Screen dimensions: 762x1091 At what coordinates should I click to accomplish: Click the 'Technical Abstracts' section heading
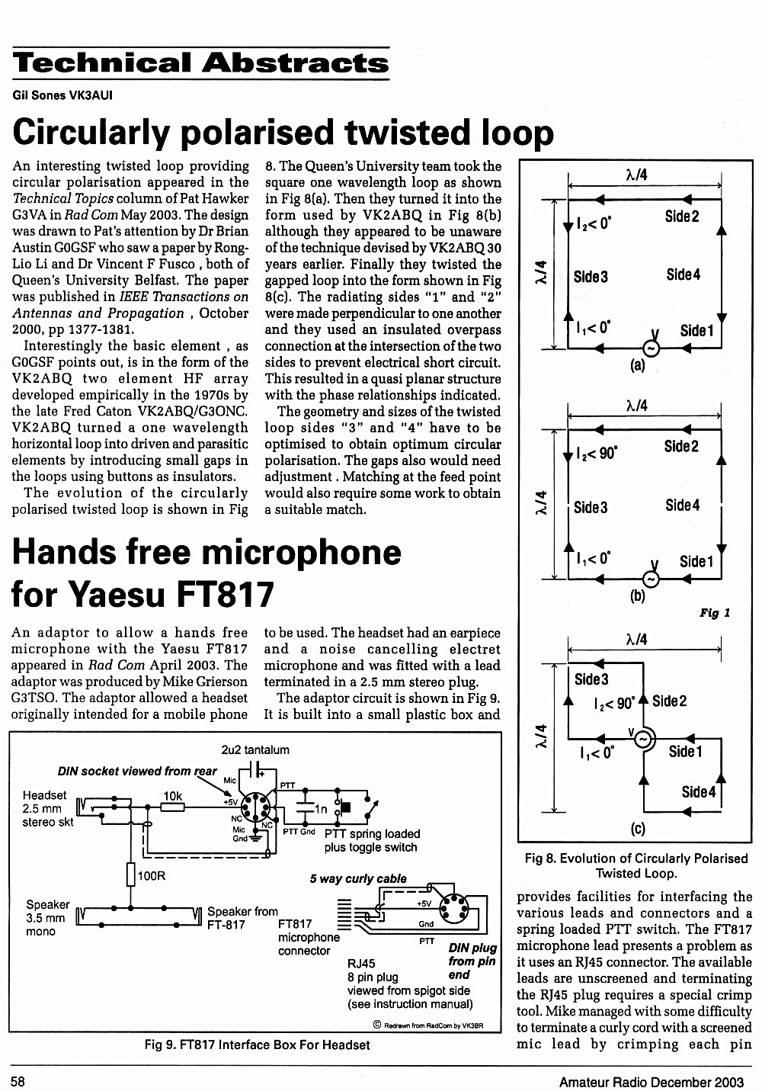coord(200,63)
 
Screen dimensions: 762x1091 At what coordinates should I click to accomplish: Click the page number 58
coord(18,1081)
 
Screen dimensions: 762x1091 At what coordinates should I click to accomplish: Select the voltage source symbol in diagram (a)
coord(651,348)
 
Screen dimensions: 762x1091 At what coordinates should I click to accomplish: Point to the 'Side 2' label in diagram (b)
coord(681,446)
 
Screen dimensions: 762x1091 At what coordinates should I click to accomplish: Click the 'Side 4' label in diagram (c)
coord(698,792)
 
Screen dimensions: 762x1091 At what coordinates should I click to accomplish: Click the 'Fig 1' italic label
coord(715,613)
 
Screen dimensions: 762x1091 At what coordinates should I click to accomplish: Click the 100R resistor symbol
coord(130,874)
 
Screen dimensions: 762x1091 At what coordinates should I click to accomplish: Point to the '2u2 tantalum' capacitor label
coord(255,749)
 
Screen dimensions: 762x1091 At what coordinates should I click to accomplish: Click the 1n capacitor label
coord(321,809)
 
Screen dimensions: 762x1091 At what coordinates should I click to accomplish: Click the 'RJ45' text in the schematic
coord(361,964)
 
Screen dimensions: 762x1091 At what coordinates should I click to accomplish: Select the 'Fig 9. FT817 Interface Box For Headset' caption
coord(257,1044)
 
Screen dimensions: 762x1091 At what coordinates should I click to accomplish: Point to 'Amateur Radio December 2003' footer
coord(652,1082)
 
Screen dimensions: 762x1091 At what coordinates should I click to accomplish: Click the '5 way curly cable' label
coord(358,878)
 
